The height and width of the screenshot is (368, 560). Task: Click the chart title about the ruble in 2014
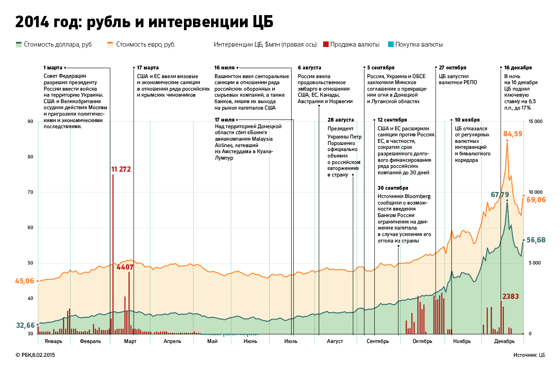[x=144, y=22]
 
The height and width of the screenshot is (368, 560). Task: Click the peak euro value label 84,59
[x=513, y=134]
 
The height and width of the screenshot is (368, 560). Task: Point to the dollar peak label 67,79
[x=500, y=195]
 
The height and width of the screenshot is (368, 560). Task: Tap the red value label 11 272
[x=121, y=169]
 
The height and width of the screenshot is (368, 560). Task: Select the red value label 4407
[x=125, y=267]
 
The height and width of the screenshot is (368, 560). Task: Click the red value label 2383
[x=510, y=296]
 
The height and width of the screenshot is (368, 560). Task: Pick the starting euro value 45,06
[x=25, y=281]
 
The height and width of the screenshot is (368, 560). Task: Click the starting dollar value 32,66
[x=25, y=325]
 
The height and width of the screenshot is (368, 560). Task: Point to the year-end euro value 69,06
[x=536, y=200]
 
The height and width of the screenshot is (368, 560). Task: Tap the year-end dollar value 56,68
[x=536, y=240]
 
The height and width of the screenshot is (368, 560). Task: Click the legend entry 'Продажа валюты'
[x=355, y=44]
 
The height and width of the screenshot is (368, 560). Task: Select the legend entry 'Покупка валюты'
[x=419, y=44]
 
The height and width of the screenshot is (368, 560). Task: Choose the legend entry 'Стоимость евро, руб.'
[x=146, y=44]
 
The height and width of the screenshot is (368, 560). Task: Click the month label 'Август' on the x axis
[x=335, y=341]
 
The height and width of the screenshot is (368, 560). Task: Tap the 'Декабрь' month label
[x=504, y=341]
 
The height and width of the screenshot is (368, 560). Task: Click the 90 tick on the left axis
[x=30, y=122]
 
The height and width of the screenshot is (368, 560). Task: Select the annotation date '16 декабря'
[x=518, y=68]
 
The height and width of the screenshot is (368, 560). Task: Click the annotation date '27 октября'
[x=452, y=68]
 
